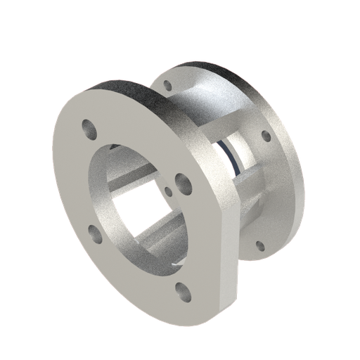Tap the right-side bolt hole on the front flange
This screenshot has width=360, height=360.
click(x=184, y=183)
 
